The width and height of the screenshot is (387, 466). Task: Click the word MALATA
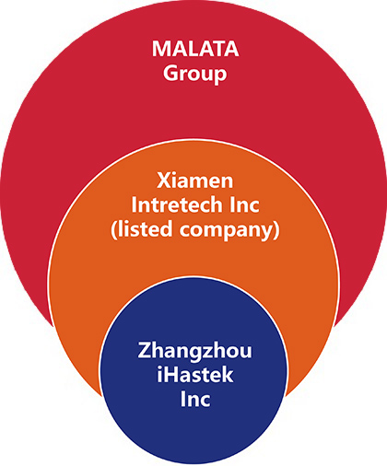click(x=195, y=49)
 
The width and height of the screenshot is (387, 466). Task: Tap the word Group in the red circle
click(x=195, y=74)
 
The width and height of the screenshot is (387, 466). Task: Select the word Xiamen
click(x=195, y=181)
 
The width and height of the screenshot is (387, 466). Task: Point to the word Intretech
click(x=176, y=204)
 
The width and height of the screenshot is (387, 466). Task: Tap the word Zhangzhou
click(x=194, y=351)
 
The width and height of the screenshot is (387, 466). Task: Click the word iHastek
click(x=195, y=375)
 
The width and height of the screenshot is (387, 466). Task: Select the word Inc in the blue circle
click(x=195, y=399)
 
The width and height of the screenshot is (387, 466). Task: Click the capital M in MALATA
click(x=161, y=49)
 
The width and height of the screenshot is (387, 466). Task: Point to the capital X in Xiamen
click(x=163, y=181)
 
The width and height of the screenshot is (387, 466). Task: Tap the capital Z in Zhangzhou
click(x=144, y=350)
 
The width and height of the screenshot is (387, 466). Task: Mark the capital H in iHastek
click(x=170, y=375)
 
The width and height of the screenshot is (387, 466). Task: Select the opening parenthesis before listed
click(x=114, y=229)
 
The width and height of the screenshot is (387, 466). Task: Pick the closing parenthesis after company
click(x=276, y=229)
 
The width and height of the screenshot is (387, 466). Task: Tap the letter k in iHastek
click(x=227, y=375)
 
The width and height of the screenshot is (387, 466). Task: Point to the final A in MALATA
click(x=231, y=49)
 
